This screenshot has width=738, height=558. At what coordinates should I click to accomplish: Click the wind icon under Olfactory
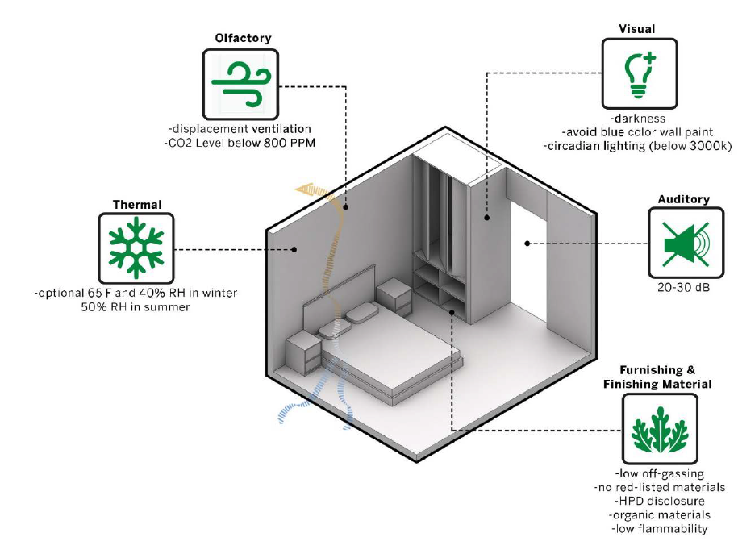coord(240,83)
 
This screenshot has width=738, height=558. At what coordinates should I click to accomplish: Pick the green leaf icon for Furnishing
coord(660,430)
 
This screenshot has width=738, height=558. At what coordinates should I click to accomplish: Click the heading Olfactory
coord(243,38)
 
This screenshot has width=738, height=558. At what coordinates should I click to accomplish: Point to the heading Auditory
coord(683,198)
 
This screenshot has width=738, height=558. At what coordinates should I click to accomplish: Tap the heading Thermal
coord(136,205)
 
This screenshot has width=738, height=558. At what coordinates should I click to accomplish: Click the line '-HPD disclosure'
coord(660,501)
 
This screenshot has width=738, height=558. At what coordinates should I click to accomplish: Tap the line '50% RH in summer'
coord(136,306)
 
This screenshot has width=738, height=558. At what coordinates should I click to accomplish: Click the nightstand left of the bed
coord(304,352)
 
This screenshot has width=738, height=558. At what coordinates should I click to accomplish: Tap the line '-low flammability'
coord(660,529)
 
